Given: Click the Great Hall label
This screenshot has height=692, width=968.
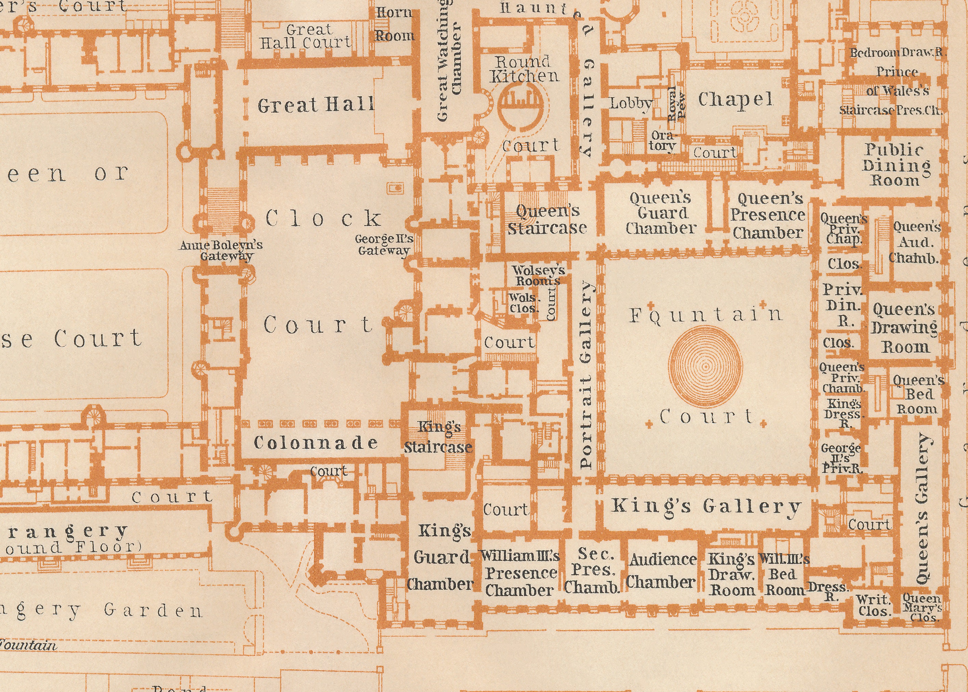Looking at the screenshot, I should coord(316,105).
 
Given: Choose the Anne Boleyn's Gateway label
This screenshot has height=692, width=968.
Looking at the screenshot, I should coord(222,250).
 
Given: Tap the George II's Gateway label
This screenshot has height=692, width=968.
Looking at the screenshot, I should coord(384,245).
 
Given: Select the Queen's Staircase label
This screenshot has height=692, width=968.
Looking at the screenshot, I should coord(547,220).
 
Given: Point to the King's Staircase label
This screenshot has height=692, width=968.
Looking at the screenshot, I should coord(439,437).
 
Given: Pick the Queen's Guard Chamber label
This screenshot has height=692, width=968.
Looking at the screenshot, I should coord(661,213).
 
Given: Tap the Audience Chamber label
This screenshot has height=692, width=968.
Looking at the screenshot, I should coord(662,571).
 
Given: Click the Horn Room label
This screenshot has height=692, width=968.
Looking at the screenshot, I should coord(394,24).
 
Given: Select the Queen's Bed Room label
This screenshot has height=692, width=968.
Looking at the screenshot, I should coord(918,395).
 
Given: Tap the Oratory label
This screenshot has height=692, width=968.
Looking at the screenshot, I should coord(663,141).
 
